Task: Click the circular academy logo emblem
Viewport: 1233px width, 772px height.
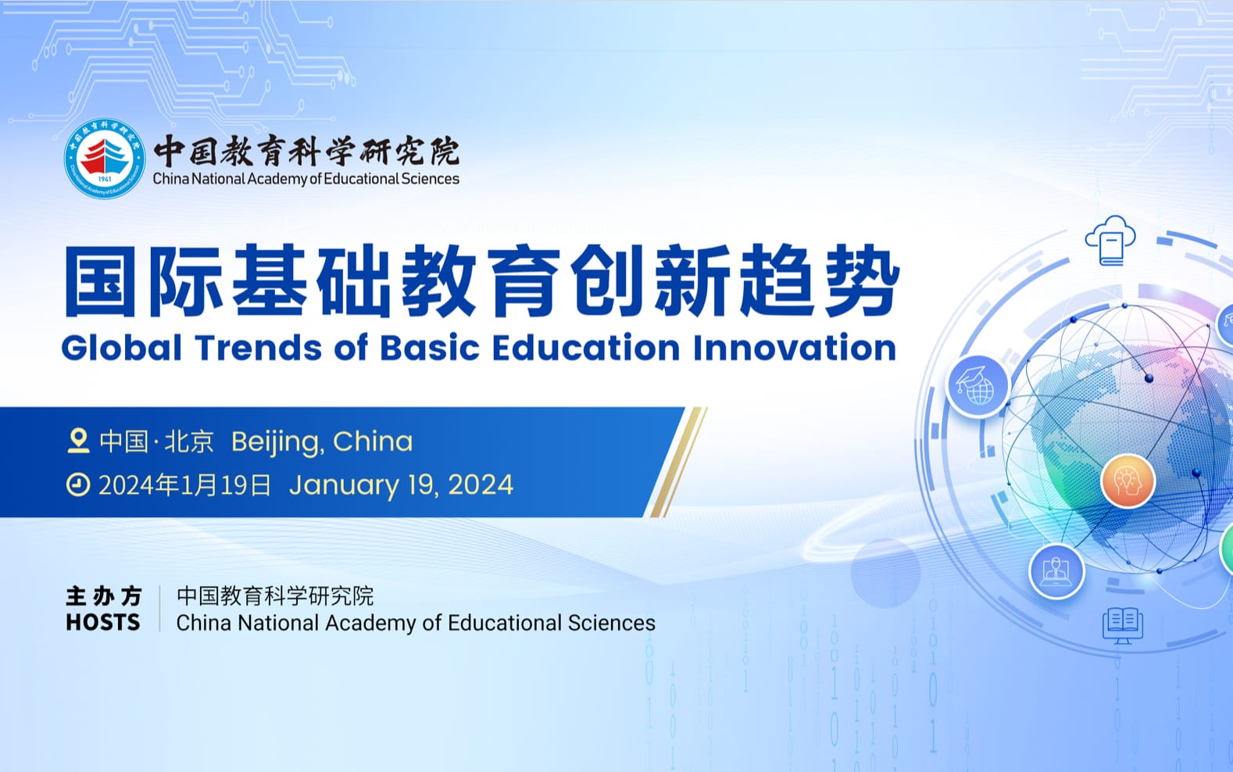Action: pos(105,159)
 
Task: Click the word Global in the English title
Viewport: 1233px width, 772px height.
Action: pos(122,348)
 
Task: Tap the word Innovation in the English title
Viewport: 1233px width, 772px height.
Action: pos(795,348)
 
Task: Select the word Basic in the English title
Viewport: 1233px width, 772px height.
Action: pos(430,348)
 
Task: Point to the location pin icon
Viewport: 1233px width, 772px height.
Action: pos(78,441)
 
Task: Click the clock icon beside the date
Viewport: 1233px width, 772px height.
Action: pos(78,485)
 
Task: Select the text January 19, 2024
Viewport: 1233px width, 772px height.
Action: pos(402,485)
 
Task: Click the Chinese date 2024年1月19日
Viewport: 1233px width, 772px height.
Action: pos(185,485)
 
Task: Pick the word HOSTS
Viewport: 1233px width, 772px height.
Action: pos(103,623)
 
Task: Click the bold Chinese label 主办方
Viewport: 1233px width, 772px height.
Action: pos(103,596)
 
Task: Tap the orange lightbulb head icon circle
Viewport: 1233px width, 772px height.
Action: pos(1128,481)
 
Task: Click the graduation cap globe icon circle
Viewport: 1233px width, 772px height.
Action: pos(977,385)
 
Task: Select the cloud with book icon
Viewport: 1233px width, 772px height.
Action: pos(1110,241)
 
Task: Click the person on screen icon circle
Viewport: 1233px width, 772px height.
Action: pos(1056,571)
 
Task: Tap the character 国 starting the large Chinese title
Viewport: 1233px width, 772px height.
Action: pos(100,281)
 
